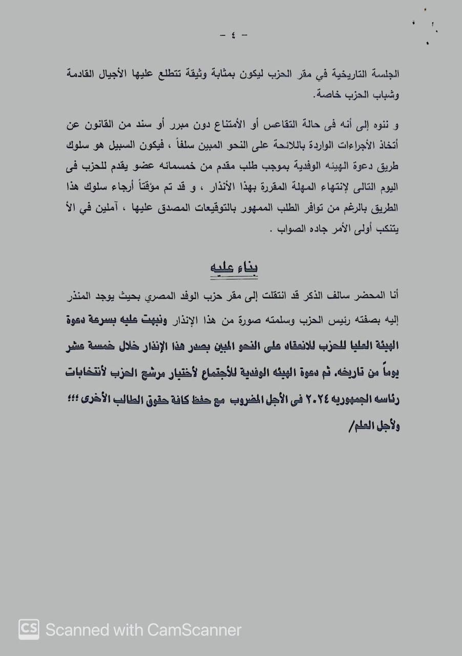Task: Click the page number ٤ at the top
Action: coord(234,35)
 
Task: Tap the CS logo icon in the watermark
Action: coord(29,629)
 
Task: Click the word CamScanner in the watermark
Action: coord(195,629)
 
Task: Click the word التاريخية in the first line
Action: coord(349,74)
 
